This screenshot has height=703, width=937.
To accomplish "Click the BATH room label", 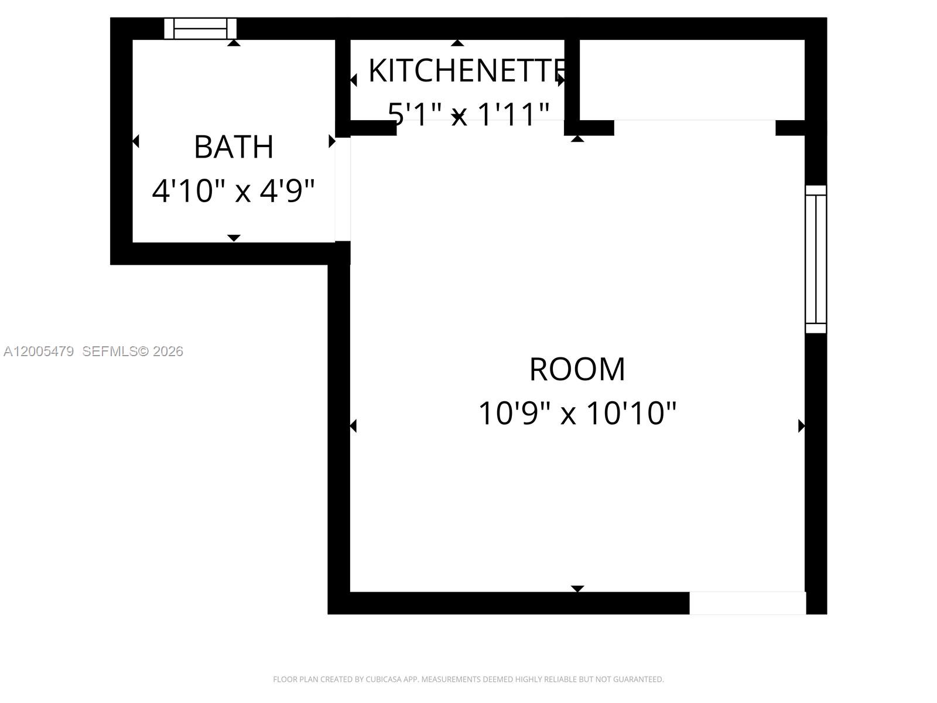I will [x=234, y=146].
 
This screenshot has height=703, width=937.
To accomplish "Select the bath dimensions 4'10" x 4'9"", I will [x=234, y=190].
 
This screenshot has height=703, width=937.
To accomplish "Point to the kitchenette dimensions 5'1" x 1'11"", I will [x=468, y=114].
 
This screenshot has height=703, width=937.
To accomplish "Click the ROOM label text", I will [x=577, y=369].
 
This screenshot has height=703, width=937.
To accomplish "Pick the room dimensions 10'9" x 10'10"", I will [x=577, y=413].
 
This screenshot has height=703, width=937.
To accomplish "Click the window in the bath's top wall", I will [x=200, y=28].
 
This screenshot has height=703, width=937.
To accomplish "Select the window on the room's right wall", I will [x=816, y=259].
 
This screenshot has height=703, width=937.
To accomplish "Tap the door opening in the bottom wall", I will [x=747, y=603].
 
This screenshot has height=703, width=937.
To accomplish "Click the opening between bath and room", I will [x=343, y=189].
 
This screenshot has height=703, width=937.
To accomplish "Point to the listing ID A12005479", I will [x=39, y=351].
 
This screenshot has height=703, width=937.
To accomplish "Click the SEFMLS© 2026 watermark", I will [x=132, y=351].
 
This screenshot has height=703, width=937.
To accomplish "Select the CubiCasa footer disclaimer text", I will [x=468, y=680].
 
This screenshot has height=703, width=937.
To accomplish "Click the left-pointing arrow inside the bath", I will [x=136, y=141].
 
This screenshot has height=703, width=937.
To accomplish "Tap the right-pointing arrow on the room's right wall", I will [x=801, y=426].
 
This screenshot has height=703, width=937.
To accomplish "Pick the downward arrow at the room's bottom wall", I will [x=577, y=588].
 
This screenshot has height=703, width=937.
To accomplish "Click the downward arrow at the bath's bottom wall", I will [x=234, y=238].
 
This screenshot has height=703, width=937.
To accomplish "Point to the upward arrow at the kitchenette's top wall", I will [x=457, y=43].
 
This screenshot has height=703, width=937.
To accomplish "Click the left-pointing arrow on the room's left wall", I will [x=353, y=426].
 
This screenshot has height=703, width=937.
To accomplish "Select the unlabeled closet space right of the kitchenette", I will [x=691, y=79].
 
